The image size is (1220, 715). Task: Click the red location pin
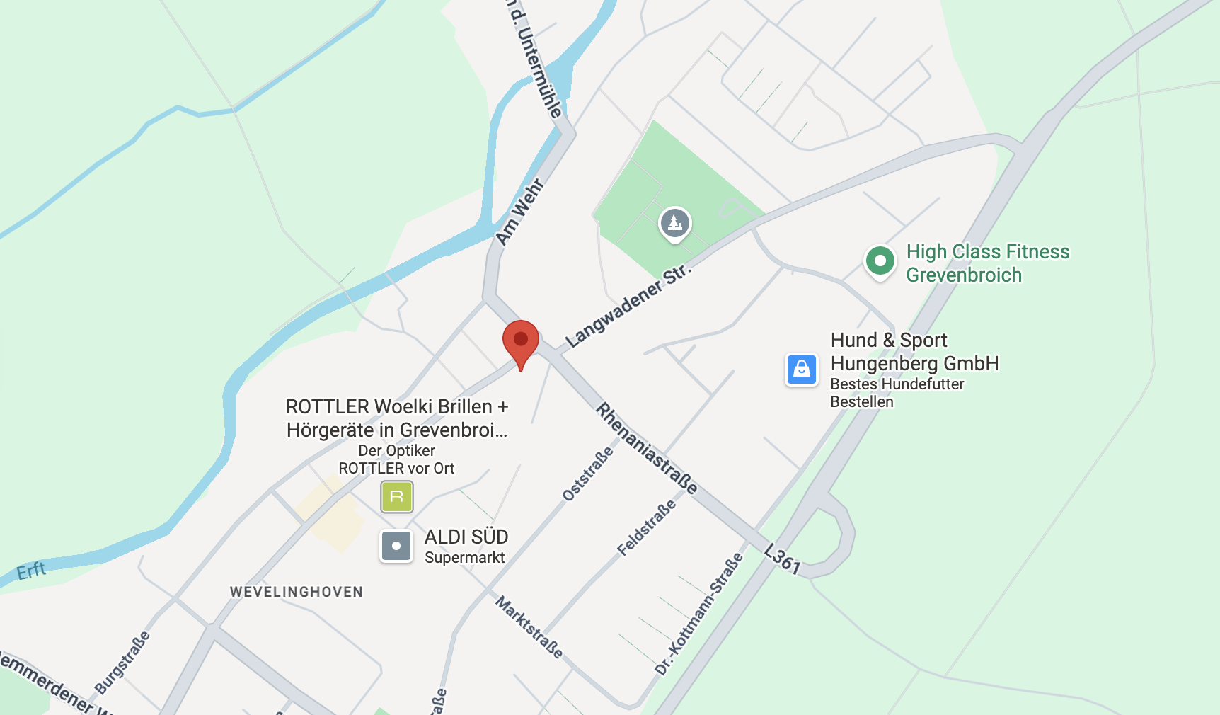click(521, 341)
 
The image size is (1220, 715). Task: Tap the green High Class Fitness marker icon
click(880, 261)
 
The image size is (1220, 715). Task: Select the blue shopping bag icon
click(802, 370)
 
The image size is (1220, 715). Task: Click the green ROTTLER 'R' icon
click(397, 496)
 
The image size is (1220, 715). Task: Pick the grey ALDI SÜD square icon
click(396, 546)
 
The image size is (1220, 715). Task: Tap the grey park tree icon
click(675, 224)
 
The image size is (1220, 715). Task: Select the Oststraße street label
click(587, 474)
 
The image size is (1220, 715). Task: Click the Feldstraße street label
click(646, 528)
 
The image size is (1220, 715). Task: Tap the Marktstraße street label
click(530, 627)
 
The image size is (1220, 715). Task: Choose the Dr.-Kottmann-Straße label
click(699, 614)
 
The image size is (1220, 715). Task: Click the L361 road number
click(783, 559)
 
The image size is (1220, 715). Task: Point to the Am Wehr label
click(520, 212)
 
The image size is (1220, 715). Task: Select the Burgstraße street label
click(122, 663)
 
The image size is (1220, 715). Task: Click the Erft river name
click(31, 571)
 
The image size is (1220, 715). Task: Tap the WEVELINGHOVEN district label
click(297, 592)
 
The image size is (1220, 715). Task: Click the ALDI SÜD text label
click(466, 537)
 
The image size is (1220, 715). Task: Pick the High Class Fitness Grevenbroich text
click(988, 263)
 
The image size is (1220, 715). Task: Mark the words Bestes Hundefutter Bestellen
click(897, 393)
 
